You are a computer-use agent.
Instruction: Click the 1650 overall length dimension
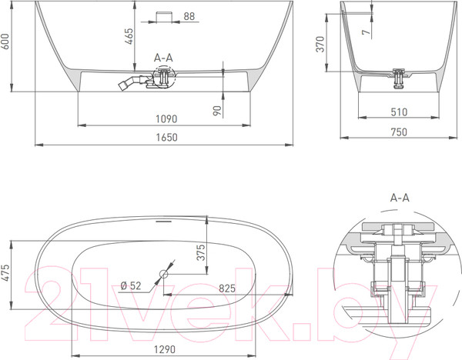pos(167,138)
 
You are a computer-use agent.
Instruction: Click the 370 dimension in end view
pos(328,46)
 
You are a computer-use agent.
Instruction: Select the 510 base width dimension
pos(398,112)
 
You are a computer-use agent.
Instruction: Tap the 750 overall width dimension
pos(398,132)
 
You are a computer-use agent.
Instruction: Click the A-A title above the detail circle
pos(400,198)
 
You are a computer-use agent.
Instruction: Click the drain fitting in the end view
pos(398,75)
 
